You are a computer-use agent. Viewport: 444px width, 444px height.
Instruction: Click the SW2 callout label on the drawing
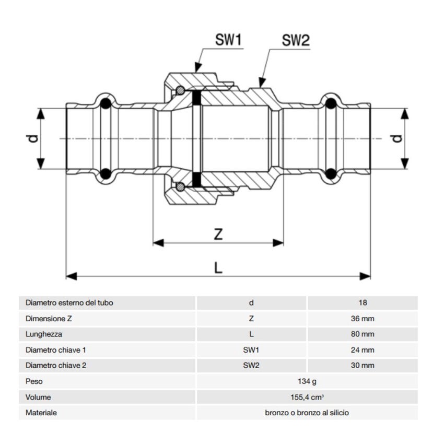[x=296, y=41]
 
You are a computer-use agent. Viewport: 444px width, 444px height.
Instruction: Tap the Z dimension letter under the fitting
[x=218, y=235]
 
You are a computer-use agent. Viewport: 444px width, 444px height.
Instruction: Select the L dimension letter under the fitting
[x=218, y=267]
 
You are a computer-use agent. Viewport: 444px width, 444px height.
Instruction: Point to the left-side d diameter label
[x=32, y=138]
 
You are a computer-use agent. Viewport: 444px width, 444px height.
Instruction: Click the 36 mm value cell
[x=363, y=318]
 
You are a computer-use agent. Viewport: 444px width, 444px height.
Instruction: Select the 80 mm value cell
[x=363, y=334]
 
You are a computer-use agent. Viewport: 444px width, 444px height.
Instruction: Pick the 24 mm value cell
[x=363, y=350]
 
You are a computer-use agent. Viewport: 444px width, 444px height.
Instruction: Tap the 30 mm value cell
[x=363, y=366]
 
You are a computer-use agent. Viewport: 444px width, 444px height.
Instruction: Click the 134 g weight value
[x=307, y=381]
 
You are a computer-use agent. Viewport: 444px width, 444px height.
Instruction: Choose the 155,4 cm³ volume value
[x=307, y=397]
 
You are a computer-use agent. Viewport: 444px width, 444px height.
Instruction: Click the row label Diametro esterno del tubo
[x=69, y=302]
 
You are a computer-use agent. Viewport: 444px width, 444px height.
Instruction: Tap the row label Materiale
[x=41, y=413]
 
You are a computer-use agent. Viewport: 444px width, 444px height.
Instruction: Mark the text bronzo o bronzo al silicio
[x=307, y=413]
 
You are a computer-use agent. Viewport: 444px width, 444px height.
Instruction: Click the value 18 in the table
[x=363, y=302]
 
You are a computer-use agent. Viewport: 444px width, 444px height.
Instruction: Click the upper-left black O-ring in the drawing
[x=106, y=103]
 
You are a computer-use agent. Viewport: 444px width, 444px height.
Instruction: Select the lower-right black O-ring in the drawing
[x=330, y=174]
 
